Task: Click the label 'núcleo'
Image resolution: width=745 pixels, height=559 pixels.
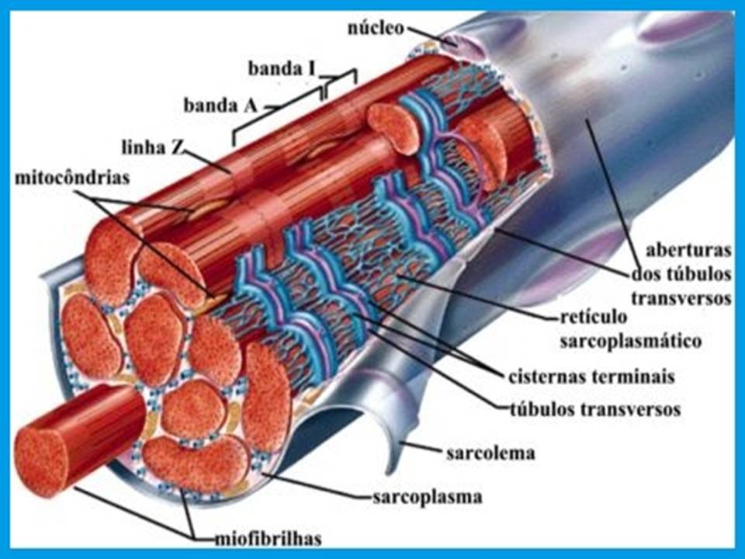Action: click(x=376, y=29)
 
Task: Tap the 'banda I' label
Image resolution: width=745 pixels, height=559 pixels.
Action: click(x=282, y=68)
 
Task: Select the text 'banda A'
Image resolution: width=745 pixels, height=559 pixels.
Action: click(x=220, y=104)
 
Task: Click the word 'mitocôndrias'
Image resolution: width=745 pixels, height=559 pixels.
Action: click(x=72, y=178)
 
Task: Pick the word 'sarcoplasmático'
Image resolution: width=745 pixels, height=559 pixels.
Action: click(x=631, y=340)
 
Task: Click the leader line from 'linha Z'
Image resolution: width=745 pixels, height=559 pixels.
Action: click(x=206, y=159)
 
